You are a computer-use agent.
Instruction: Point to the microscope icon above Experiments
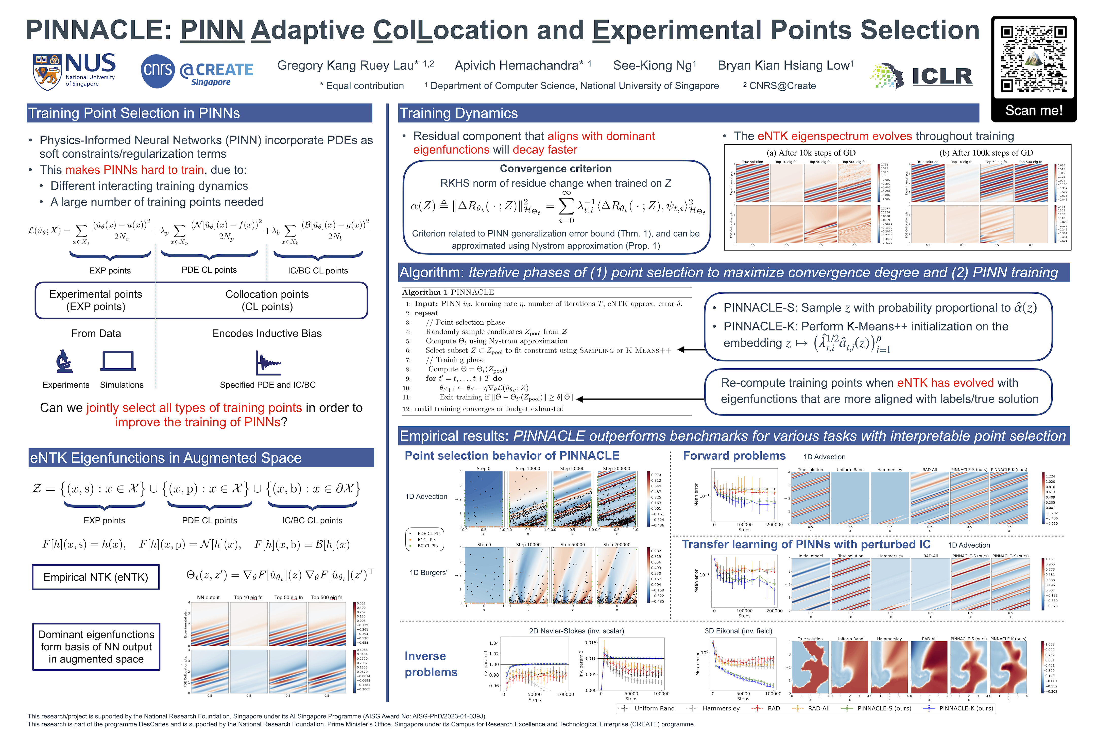pyautogui.click(x=64, y=361)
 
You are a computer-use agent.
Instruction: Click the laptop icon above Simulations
pyautogui.click(x=118, y=361)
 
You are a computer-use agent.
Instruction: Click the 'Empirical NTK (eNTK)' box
pyautogui.click(x=96, y=577)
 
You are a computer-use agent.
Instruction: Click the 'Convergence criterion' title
pyautogui.click(x=555, y=169)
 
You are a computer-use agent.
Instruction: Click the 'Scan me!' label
pyautogui.click(x=1034, y=110)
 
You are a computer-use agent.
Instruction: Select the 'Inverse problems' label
pyautogui.click(x=431, y=664)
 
